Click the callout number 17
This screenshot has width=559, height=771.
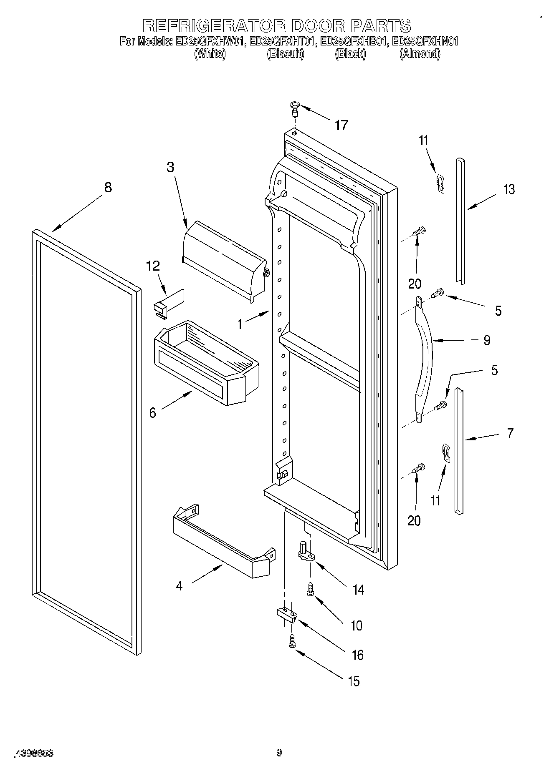click(x=341, y=125)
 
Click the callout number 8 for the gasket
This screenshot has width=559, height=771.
click(x=108, y=188)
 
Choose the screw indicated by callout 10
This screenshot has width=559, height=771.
click(x=310, y=589)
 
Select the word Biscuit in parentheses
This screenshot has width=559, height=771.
click(x=286, y=54)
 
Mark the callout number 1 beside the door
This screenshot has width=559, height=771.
click(x=240, y=324)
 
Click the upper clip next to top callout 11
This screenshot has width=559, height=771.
click(x=440, y=184)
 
